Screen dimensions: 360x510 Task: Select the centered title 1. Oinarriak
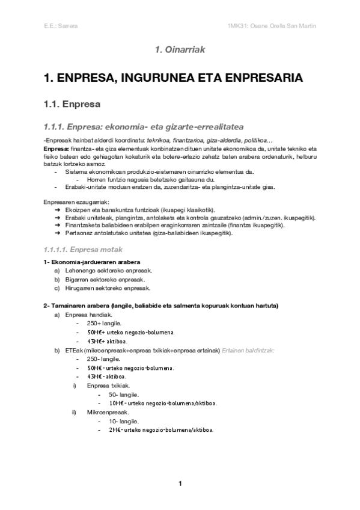(180, 51)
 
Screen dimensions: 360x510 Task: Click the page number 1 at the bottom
(180, 484)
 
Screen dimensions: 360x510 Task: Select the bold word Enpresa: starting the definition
(56, 148)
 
